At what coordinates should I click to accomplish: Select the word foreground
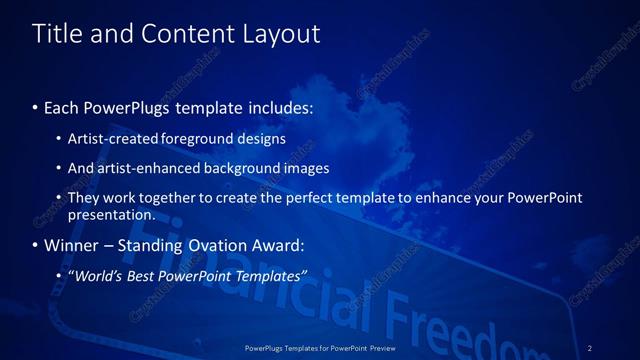[198, 139]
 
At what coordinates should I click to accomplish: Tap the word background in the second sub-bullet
[241, 168]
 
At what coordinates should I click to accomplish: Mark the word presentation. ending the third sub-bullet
[111, 214]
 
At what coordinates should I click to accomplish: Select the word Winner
[71, 245]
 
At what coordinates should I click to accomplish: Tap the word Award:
[280, 245]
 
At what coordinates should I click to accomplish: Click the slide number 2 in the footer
[590, 347]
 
